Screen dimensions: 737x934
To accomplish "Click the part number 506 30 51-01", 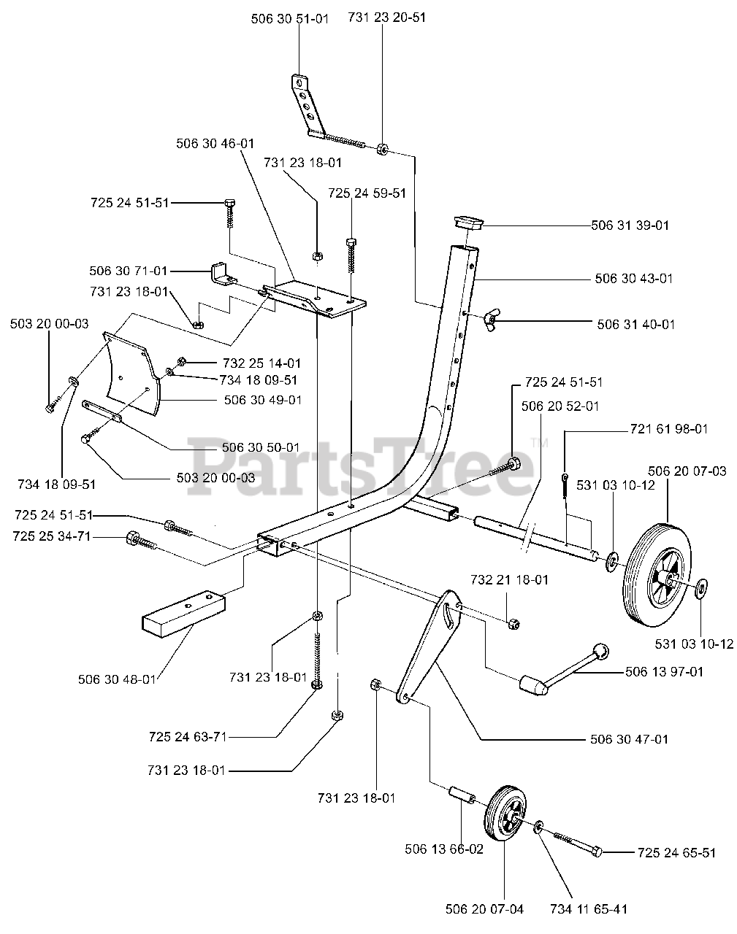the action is pos(290,19).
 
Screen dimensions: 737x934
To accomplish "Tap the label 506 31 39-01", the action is pos(630,225).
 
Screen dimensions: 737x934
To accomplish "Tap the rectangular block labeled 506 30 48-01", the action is pos(183,614).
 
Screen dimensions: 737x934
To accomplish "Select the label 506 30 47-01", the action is pos(629,739).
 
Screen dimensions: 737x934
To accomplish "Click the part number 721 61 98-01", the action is pos(669,429).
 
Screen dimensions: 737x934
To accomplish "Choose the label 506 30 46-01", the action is pos(215,144).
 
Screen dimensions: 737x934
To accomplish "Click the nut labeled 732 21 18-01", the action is pos(513,624).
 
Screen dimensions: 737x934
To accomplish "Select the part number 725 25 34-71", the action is pos(52,536).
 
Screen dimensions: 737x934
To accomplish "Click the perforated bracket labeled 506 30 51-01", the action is pos(308,106).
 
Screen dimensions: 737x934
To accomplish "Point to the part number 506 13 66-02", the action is pos(444,849).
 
